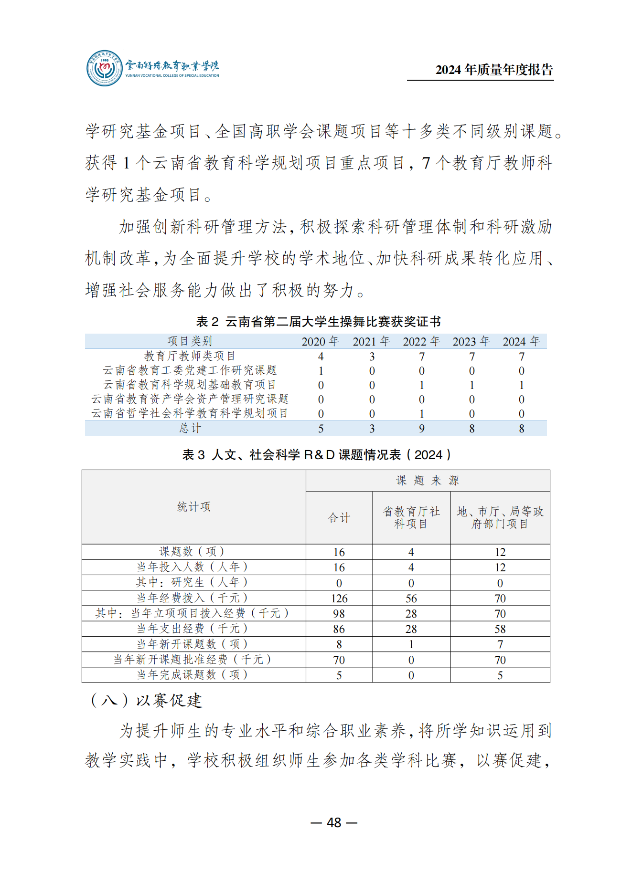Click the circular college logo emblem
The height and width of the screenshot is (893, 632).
[105, 68]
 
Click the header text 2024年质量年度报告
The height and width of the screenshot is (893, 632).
[494, 70]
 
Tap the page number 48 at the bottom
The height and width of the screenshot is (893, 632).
[334, 822]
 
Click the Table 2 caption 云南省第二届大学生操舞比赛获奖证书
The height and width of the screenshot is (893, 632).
[318, 322]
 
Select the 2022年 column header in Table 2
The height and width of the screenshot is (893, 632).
[421, 341]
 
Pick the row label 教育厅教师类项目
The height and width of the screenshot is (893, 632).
[190, 356]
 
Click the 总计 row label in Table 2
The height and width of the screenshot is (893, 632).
[190, 428]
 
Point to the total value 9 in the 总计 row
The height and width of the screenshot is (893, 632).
[421, 429]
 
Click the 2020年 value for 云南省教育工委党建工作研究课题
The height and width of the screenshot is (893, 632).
[321, 371]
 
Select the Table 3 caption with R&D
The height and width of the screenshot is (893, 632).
[316, 454]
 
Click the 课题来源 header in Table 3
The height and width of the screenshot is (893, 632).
[428, 481]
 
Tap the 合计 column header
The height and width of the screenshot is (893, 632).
[339, 518]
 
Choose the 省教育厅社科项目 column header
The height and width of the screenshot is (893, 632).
[411, 518]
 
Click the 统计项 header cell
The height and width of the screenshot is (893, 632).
[193, 506]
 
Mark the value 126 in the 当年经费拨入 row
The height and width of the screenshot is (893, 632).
[339, 599]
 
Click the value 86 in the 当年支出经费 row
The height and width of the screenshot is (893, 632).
[339, 629]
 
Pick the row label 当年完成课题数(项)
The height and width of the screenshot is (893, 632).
[193, 675]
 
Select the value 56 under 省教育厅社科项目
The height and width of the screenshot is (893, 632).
[411, 599]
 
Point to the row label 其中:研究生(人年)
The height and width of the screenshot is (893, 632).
[193, 582]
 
